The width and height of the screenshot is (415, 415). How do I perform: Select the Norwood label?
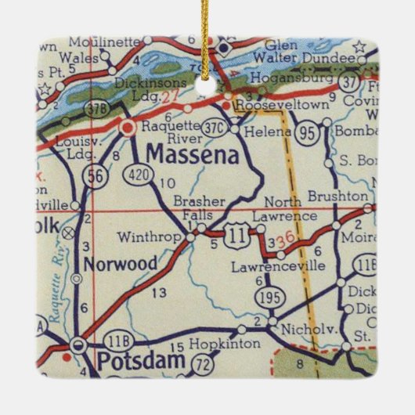tap(121, 264)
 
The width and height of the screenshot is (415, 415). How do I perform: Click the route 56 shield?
tap(96, 178)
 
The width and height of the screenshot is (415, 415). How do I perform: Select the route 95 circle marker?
tap(309, 134)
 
